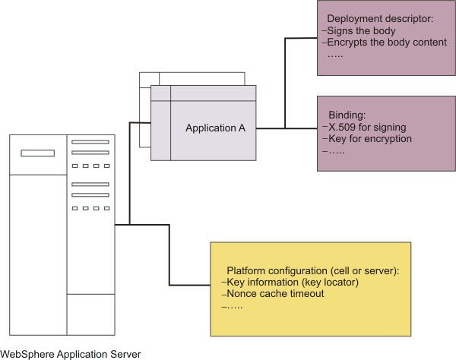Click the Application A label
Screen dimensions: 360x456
tap(215, 128)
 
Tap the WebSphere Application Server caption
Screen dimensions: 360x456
tap(71, 353)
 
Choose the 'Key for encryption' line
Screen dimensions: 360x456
tap(370, 139)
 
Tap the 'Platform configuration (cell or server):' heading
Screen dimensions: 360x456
tap(313, 271)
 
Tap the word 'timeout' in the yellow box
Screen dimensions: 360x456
tap(307, 294)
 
